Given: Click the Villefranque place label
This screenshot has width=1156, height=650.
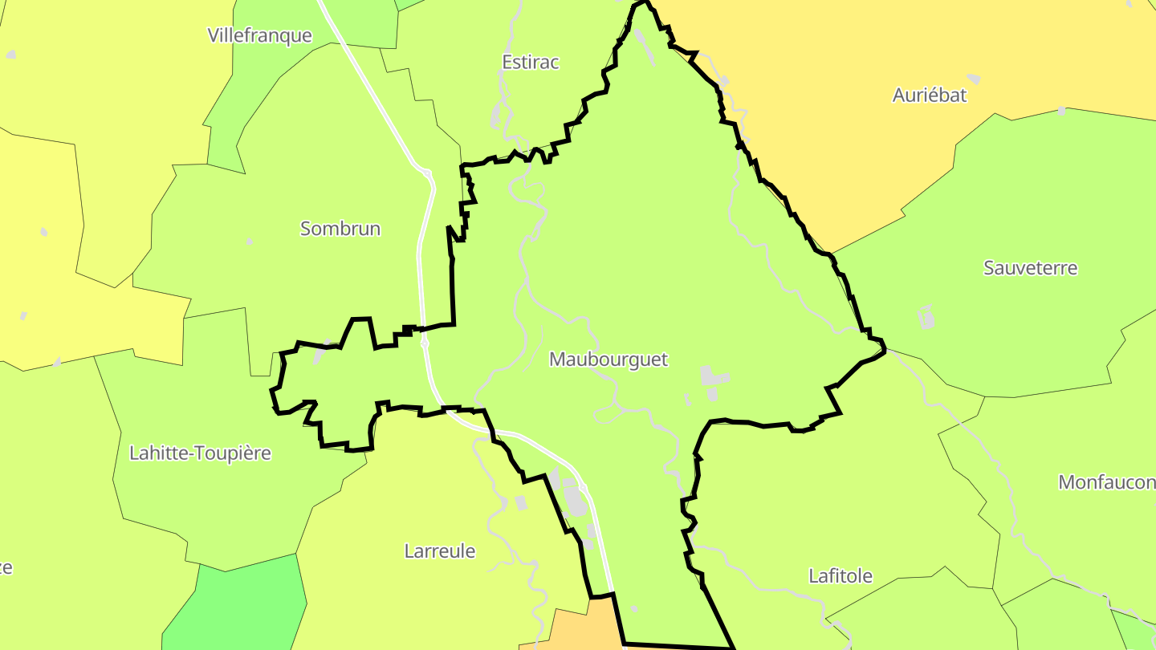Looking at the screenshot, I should click(259, 35).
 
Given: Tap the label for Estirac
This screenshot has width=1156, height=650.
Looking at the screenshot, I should click(530, 62).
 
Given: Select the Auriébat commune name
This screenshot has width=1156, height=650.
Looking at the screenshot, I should click(930, 95).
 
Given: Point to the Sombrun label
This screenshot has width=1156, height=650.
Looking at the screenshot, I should click(340, 229).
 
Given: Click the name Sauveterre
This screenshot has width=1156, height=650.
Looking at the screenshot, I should click(1031, 268).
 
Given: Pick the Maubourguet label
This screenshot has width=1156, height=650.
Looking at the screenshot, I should click(609, 360).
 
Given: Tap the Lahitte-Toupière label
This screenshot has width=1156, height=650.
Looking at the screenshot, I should click(200, 453).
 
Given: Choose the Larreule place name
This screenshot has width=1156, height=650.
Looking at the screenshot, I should click(440, 551).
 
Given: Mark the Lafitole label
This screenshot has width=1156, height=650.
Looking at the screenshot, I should click(841, 576).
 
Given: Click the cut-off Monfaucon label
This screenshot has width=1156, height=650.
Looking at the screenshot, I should click(1107, 482).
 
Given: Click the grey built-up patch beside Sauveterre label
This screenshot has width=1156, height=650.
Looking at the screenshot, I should click(926, 317).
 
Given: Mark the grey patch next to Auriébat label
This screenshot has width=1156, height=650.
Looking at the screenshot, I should click(973, 79).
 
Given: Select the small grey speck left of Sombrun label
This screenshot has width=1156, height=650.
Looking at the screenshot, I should click(250, 242).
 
